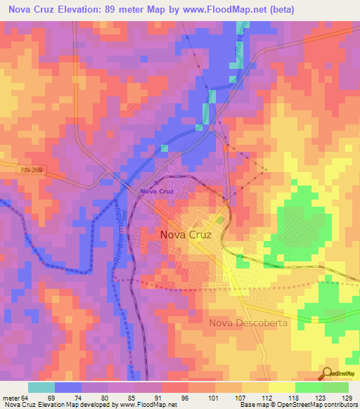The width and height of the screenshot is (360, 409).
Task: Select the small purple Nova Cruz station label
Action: (156, 191)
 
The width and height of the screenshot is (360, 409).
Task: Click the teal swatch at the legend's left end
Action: (41, 387)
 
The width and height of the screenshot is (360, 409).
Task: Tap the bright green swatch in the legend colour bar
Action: (308, 387)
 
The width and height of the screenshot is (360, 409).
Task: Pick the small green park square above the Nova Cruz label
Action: (220, 221)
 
